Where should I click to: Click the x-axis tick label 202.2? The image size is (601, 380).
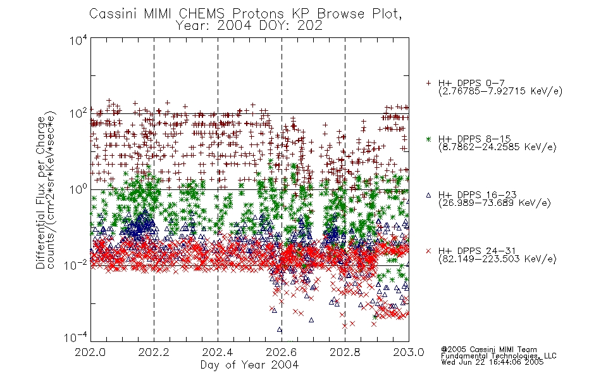[154, 352]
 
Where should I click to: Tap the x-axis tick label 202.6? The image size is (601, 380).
[282, 352]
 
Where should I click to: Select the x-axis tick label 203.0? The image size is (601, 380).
[409, 352]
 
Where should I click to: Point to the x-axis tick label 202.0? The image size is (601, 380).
[90, 352]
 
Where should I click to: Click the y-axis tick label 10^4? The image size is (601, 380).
[78, 40]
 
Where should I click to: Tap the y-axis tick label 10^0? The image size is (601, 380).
[78, 189]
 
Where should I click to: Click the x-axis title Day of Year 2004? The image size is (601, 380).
[249, 365]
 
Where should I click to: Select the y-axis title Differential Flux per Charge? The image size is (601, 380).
[40, 193]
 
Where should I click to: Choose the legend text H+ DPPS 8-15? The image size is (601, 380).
[474, 139]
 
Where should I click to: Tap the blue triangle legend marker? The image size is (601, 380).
[428, 195]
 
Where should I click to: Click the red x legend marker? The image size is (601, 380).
[428, 251]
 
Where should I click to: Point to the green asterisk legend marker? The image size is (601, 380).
[428, 139]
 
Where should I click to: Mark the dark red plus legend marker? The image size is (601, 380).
[428, 83]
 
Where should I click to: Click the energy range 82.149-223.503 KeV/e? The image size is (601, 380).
[497, 259]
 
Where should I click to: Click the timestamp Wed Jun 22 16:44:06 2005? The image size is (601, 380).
[492, 362]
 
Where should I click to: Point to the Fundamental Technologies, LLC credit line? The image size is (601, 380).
[499, 356]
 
